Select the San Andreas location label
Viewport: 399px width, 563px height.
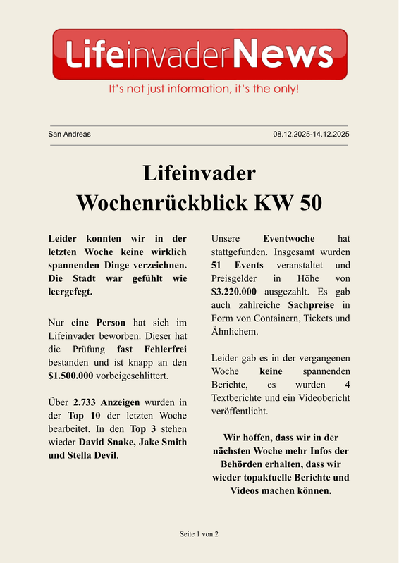coord(69,134)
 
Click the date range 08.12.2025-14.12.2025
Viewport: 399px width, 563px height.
coord(311,134)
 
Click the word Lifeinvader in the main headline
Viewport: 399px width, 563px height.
coord(199,173)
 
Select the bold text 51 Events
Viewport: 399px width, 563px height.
coord(238,265)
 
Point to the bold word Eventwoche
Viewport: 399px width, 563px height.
coord(288,239)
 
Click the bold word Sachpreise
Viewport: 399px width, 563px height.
coord(313,305)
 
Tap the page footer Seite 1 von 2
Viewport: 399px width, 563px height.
coord(199,534)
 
